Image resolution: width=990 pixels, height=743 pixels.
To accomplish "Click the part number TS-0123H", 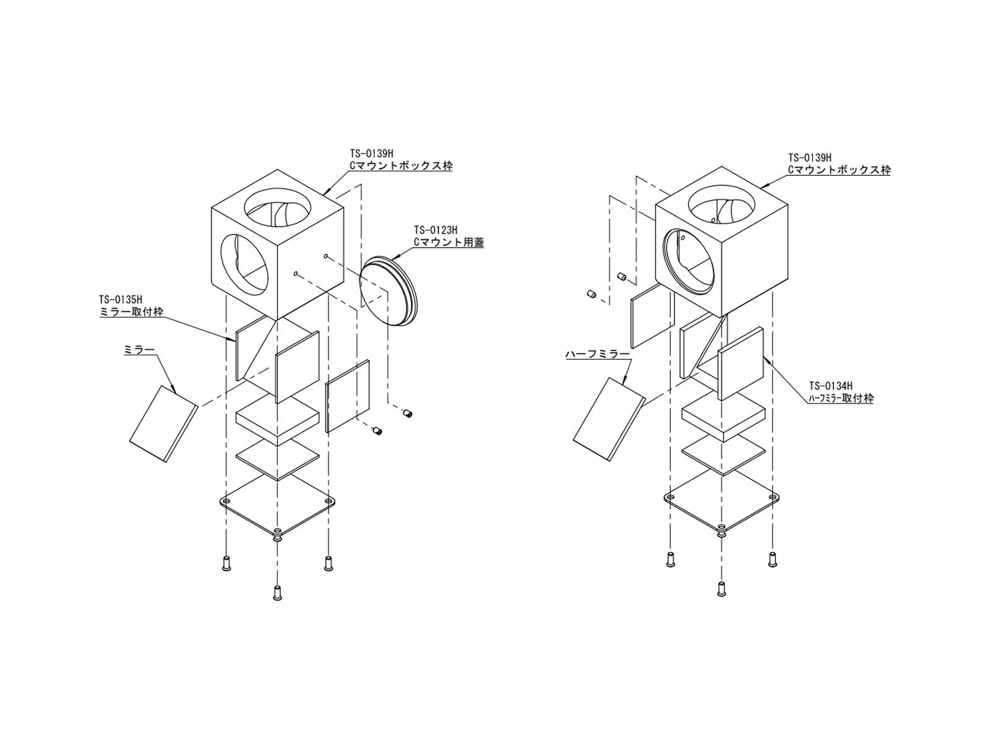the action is tap(435, 230).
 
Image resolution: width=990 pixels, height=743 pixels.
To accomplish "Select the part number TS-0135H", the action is tap(121, 300).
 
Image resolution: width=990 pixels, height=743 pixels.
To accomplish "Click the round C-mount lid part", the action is tap(389, 290).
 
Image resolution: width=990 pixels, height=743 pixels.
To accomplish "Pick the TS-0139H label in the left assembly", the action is tap(371, 154).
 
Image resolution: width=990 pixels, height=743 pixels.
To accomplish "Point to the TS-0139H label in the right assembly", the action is tap(809, 157).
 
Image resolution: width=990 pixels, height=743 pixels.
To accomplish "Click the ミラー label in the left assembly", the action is tap(139, 350).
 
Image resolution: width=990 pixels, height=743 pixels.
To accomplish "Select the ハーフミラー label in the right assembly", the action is tap(596, 355).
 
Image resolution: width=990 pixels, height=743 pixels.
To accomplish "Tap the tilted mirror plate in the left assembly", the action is tap(164, 423).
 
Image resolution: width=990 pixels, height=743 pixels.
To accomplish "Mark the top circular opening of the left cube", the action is tap(277, 208).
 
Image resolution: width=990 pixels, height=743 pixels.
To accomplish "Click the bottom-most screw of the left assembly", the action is tap(277, 592).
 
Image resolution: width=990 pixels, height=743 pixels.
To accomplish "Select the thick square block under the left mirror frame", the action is tap(277, 419).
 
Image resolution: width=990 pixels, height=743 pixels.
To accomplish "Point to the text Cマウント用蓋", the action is tap(449, 242).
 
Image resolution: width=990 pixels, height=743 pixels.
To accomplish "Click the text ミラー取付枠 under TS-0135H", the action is tap(131, 311).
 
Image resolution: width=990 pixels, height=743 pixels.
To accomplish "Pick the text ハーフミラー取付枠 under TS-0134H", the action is tap(840, 399).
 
